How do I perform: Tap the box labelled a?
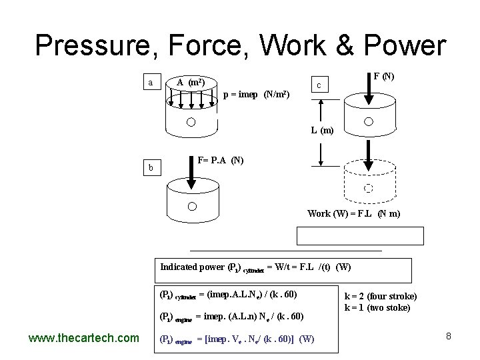(x=151, y=83)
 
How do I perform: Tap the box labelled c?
(x=320, y=85)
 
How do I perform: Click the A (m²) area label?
(x=191, y=83)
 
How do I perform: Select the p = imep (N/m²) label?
(x=256, y=95)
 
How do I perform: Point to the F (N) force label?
(x=383, y=77)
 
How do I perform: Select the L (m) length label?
(x=322, y=131)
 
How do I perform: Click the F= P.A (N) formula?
(x=221, y=161)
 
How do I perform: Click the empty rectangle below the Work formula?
(x=361, y=237)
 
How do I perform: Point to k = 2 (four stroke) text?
(x=380, y=296)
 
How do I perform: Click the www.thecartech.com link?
(x=83, y=338)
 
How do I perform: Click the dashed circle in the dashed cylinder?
(x=367, y=187)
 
